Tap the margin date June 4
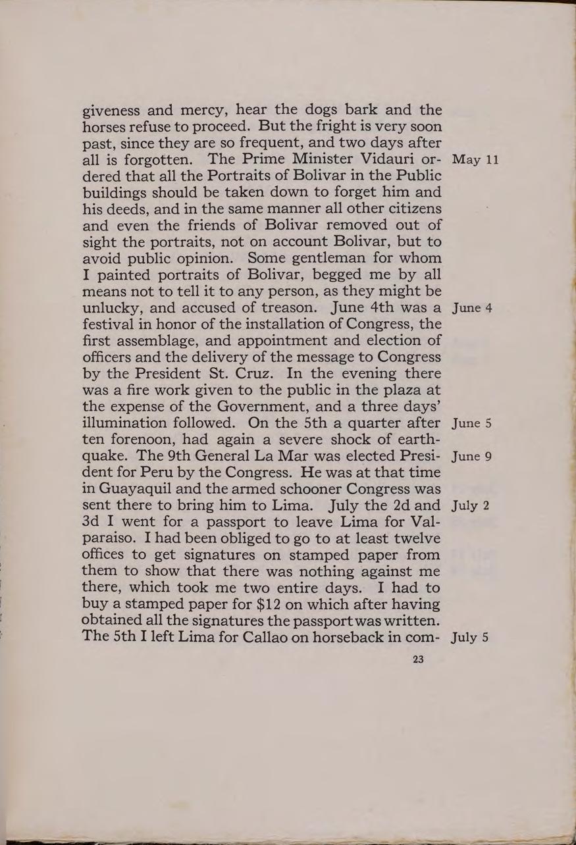[x=470, y=308]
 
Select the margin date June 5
[x=470, y=423]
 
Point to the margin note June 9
[x=470, y=456]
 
